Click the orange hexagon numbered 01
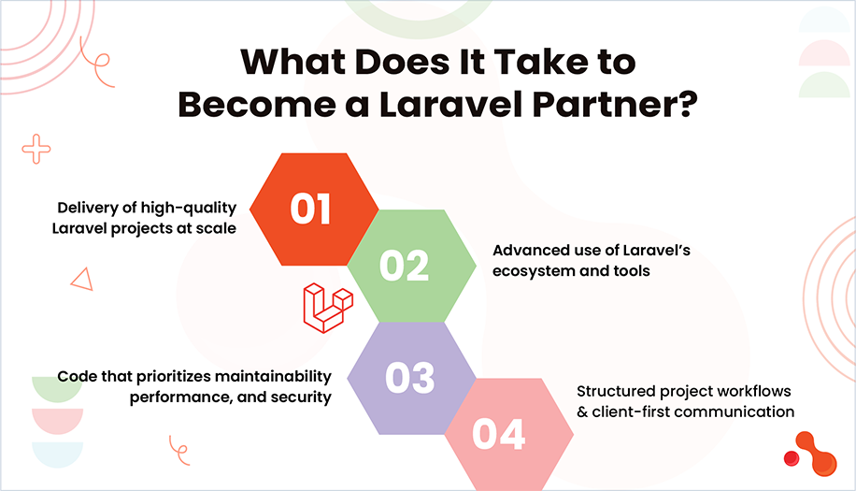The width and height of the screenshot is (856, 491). (x=311, y=209)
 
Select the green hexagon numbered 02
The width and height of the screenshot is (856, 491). (x=404, y=266)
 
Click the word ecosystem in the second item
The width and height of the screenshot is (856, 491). (x=533, y=271)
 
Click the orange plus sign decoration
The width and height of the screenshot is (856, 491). (x=36, y=148)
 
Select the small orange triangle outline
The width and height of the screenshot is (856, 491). (x=81, y=279)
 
